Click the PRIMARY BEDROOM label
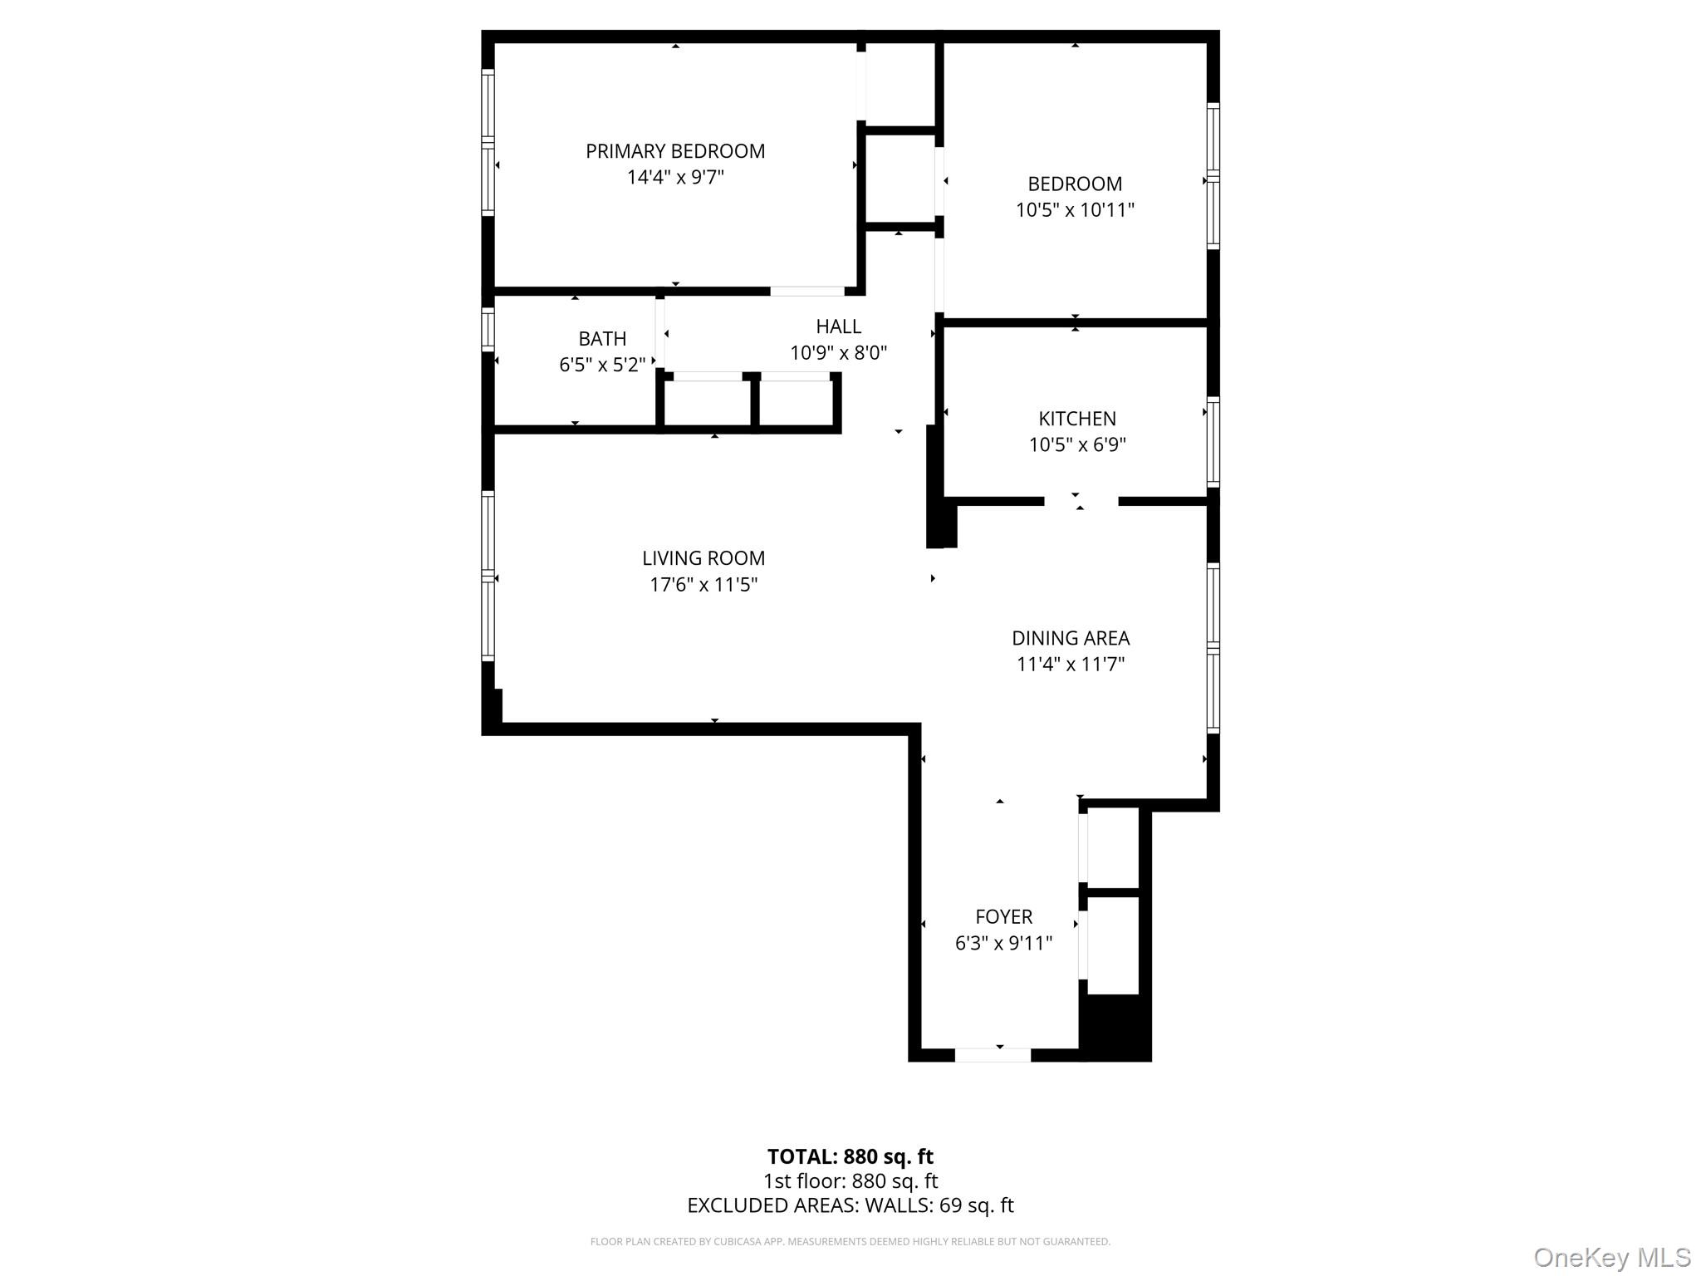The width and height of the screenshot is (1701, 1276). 674,151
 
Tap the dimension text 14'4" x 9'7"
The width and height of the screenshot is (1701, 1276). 674,177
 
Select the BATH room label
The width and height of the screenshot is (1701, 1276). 602,339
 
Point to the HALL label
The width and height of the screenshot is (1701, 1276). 838,326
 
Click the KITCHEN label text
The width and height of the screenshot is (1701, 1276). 1076,419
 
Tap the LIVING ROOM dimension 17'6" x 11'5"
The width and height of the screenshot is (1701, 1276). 703,585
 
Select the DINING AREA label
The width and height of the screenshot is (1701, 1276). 1070,638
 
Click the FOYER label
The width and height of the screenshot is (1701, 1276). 1003,917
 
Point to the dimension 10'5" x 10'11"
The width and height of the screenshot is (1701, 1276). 1075,210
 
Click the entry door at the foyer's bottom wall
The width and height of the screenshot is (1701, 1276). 993,1055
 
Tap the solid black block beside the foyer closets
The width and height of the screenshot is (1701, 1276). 1115,1028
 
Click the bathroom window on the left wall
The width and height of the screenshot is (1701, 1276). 488,328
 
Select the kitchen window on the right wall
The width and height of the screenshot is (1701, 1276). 1213,442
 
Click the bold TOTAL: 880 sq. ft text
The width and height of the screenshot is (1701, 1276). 850,1156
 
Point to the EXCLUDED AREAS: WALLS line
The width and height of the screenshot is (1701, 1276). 850,1205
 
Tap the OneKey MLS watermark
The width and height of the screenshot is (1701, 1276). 1611,1258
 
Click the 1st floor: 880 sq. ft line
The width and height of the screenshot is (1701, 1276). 850,1180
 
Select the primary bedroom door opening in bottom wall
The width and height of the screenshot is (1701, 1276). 806,292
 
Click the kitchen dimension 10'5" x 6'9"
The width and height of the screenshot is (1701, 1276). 1076,444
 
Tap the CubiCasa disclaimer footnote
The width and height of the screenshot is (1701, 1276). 850,1242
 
